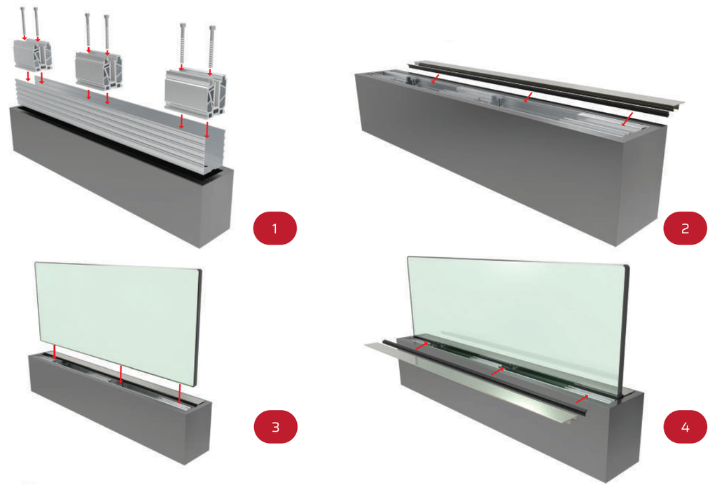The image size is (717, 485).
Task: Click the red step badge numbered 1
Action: pos(274,228)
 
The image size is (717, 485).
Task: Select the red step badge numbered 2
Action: pos(685,228)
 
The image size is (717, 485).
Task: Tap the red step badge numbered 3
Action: pos(274,427)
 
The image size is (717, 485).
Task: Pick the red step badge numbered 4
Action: pos(685,427)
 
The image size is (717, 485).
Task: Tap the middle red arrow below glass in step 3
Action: pos(121,375)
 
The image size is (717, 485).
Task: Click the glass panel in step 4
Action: pos(518,308)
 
